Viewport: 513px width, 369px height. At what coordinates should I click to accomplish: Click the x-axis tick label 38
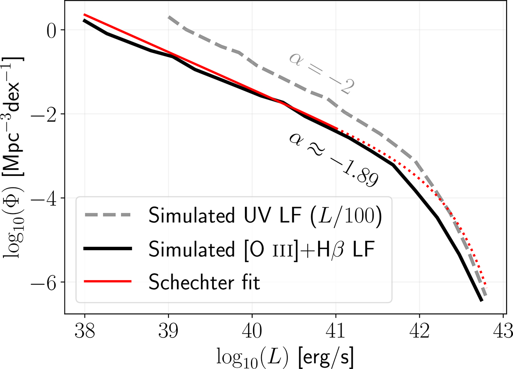(84, 329)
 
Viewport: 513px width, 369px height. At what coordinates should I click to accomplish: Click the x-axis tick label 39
(168, 329)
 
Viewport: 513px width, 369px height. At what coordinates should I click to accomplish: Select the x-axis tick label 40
(252, 329)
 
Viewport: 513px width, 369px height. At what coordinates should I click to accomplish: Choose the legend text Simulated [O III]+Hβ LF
(261, 249)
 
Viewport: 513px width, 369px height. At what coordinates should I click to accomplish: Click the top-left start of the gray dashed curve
(169, 17)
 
